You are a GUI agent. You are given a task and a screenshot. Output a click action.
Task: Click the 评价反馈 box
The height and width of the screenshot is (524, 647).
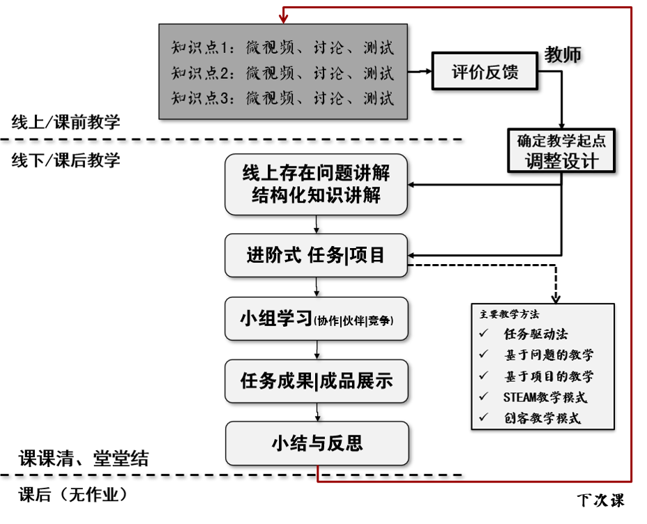[485, 72]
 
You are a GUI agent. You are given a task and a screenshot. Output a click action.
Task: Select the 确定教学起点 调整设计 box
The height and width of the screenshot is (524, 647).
[561, 151]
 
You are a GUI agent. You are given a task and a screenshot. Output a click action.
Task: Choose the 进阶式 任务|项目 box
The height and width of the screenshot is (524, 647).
[317, 255]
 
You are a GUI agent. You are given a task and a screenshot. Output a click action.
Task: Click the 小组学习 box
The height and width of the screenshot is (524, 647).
[317, 319]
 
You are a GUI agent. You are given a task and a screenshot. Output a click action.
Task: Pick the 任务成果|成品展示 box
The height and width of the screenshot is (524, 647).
[317, 381]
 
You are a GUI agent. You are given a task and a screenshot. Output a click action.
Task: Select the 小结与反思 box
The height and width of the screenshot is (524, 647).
[317, 443]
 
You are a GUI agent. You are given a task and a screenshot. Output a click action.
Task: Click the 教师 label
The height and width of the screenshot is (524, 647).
[563, 55]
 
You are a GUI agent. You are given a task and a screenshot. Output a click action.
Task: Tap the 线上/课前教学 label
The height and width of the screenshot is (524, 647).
[66, 123]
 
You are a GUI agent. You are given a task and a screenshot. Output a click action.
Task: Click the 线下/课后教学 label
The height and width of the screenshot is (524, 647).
[66, 161]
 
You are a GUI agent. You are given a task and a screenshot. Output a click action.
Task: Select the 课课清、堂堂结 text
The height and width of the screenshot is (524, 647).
[84, 458]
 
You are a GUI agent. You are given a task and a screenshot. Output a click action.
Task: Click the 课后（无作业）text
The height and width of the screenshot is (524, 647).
[73, 495]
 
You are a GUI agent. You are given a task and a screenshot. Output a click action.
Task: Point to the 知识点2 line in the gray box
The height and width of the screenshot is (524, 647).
[282, 72]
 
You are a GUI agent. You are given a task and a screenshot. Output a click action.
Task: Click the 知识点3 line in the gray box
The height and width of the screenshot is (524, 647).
[282, 98]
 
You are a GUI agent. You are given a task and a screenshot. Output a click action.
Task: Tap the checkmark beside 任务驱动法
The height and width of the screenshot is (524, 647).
[484, 334]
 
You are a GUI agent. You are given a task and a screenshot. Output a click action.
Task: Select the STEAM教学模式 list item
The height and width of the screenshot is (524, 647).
[545, 398]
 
